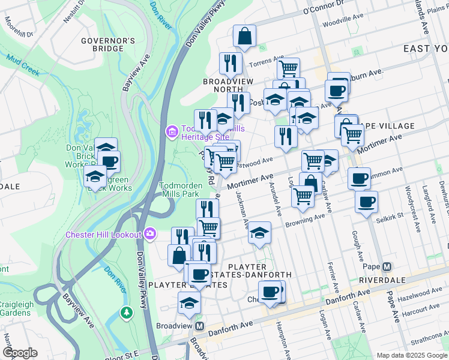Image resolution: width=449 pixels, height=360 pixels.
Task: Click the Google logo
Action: click(20, 353)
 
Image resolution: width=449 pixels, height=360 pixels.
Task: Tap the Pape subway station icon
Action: click(387, 266)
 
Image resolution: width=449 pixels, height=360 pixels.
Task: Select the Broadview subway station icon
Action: click(200, 326)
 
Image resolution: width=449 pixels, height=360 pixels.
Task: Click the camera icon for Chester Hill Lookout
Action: click(149, 233)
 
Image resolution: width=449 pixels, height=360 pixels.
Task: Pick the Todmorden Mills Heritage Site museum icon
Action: click(172, 131)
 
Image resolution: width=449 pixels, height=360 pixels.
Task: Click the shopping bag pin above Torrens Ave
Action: click(244, 37)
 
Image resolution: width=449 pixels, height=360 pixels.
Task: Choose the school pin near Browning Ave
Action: click(259, 233)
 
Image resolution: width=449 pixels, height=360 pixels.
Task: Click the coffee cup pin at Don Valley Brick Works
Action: click(109, 161)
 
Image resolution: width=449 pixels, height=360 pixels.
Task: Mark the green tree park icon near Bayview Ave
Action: click(126, 312)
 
